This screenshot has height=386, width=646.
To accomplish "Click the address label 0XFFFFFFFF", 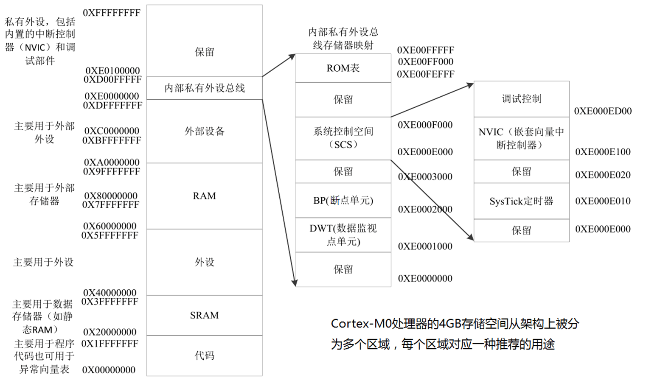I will (x=112, y=13).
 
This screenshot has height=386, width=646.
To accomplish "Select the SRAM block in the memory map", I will (x=204, y=315).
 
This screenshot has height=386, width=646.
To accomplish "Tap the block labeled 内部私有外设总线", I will (x=204, y=88).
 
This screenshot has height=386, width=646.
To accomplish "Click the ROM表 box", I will (x=343, y=68).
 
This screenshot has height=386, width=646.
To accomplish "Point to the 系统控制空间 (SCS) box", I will (x=343, y=138).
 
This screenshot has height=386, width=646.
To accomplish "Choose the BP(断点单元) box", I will (x=343, y=200).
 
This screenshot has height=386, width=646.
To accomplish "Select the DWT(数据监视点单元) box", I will (x=343, y=235).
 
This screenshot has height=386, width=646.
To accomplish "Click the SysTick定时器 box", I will (x=521, y=201).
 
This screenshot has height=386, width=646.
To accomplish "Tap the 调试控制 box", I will (x=521, y=99).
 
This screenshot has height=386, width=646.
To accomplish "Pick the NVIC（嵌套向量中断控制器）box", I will (x=521, y=138).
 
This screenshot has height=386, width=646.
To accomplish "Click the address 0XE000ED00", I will (x=603, y=111).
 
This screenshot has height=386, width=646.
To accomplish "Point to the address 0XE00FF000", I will (x=425, y=62).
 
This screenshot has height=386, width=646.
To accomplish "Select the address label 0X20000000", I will (x=110, y=332).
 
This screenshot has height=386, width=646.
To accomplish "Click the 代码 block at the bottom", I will (x=204, y=355).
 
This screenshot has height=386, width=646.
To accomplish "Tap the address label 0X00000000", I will (x=109, y=370).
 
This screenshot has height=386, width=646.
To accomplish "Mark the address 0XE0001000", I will (x=425, y=246).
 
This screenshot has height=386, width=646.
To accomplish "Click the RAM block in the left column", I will (x=204, y=196).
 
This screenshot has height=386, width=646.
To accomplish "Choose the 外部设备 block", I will (x=204, y=131).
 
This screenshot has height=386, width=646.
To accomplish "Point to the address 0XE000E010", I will (x=603, y=201).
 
